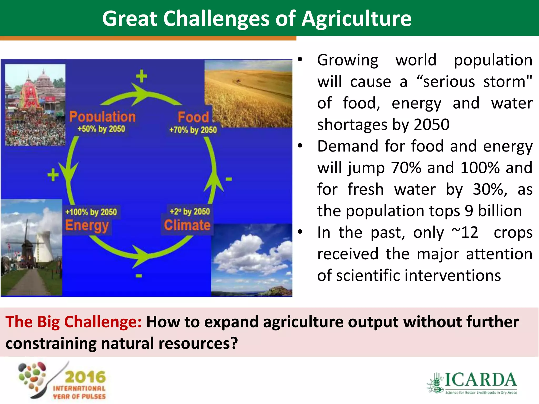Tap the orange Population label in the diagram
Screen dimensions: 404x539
(x=102, y=117)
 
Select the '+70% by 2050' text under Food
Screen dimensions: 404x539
(x=193, y=130)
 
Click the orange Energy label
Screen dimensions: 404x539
(x=87, y=225)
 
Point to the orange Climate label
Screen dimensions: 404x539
(x=187, y=225)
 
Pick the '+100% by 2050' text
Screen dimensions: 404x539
(x=91, y=212)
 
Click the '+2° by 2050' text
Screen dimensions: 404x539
(x=190, y=211)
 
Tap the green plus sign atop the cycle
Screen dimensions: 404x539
(x=142, y=76)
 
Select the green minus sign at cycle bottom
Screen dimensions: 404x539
(x=139, y=276)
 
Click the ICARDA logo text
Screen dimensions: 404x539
(x=480, y=380)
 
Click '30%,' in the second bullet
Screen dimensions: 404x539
(x=490, y=189)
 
